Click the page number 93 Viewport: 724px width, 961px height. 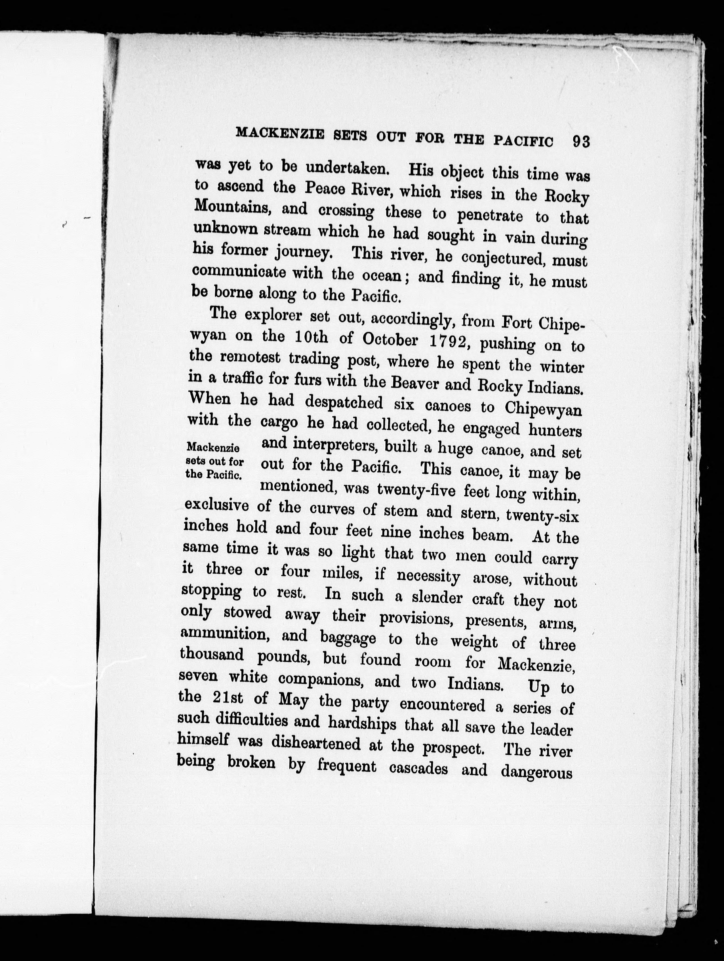pyautogui.click(x=581, y=142)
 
